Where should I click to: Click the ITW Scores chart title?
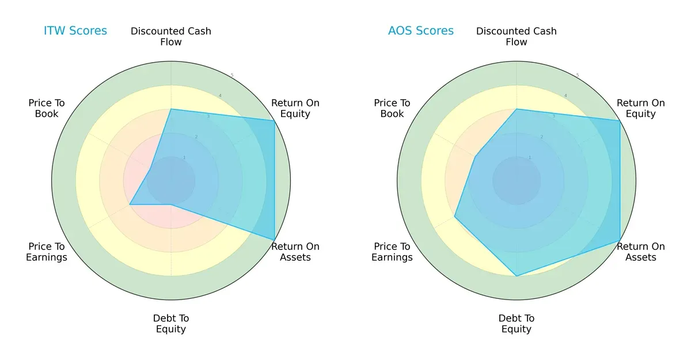(75, 31)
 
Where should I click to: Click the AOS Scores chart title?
(420, 31)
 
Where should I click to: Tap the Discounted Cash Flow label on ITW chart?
(171, 36)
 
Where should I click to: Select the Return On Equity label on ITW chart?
(295, 108)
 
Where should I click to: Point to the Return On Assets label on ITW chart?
(295, 252)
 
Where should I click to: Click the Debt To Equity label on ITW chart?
(171, 324)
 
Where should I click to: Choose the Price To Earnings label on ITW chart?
(47, 252)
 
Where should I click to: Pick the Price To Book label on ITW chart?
(47, 108)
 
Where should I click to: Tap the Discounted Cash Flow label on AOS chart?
(517, 36)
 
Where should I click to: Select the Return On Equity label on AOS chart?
(640, 108)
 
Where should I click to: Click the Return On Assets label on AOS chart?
(640, 252)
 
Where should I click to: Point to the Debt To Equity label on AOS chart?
(517, 324)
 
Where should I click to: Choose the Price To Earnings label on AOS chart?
(392, 252)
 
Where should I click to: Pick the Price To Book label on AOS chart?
(392, 108)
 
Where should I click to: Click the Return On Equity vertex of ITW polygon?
(274, 120)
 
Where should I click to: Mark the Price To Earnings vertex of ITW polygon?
(130, 204)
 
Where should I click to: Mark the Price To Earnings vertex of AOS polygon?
(454, 217)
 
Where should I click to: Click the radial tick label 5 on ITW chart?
(232, 75)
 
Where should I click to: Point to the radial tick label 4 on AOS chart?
(565, 96)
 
